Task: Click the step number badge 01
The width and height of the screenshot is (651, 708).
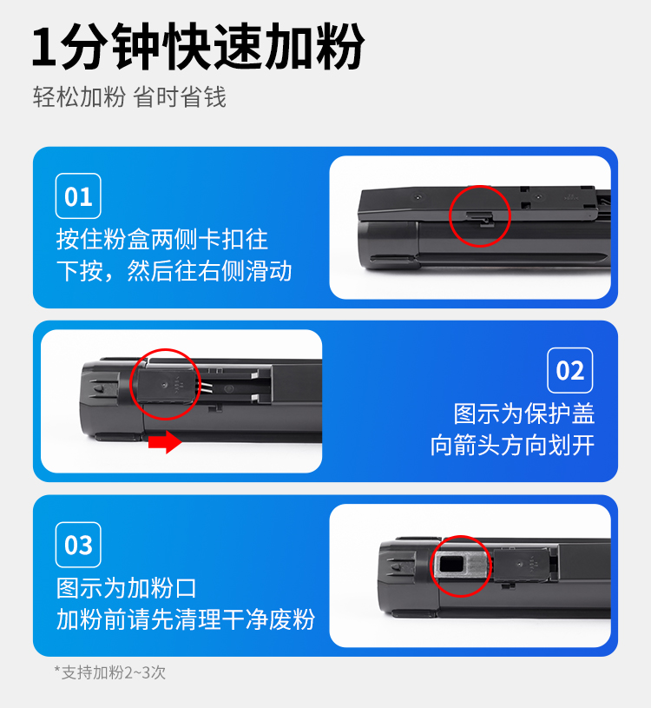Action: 78,196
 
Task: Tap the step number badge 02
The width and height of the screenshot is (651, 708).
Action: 569,370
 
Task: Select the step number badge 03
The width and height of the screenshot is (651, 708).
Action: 78,545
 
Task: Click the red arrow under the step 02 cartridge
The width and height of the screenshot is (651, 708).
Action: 165,441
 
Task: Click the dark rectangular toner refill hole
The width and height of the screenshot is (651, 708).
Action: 451,565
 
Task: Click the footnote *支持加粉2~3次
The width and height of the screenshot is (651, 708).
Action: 110,672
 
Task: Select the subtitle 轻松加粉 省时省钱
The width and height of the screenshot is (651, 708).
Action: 129,97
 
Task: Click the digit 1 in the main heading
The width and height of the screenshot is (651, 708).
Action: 45,48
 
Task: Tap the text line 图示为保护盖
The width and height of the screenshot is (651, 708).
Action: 523,414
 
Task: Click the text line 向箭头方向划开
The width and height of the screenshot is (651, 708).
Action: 512,445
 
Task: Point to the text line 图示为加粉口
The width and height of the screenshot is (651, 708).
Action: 127,588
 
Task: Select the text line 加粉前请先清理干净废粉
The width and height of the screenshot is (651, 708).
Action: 186,619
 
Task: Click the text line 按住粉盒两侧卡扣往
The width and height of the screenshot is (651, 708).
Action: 162,239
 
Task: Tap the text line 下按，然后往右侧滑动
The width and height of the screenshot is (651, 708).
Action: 174,271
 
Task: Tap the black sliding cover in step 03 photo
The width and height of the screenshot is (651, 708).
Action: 522,565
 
